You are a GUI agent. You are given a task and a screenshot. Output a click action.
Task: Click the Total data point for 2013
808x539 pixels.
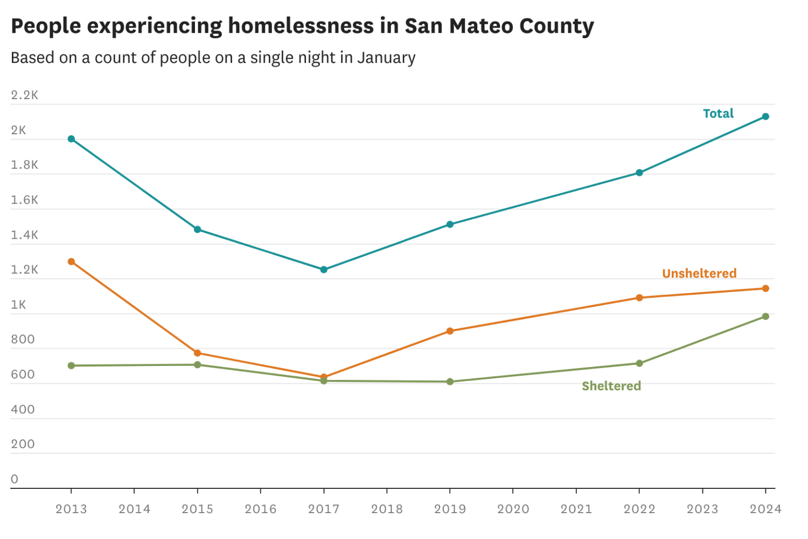pos(71,139)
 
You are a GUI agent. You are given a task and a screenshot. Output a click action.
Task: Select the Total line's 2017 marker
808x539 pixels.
pos(324,269)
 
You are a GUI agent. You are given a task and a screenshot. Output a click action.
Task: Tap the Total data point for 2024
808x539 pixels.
pos(765,116)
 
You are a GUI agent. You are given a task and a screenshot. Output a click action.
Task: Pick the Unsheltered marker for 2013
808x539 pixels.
pos(71,261)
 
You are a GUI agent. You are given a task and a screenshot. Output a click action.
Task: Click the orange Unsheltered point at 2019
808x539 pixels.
pos(450,331)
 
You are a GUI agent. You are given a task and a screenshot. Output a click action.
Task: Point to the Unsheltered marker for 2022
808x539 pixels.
pos(639,298)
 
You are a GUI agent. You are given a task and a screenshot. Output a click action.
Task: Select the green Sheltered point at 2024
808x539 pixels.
pos(765,316)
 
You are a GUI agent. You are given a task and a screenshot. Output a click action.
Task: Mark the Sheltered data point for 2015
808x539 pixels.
pos(197,365)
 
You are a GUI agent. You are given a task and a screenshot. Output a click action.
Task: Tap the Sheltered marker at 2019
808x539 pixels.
pos(450,382)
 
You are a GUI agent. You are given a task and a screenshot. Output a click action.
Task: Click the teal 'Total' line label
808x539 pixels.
pos(718,114)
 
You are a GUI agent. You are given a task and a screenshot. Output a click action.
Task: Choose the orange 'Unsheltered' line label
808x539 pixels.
pos(699,274)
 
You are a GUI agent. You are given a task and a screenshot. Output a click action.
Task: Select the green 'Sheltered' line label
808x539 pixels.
pos(611,386)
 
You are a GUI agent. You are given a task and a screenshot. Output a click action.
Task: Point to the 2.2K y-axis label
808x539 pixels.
pos(25,95)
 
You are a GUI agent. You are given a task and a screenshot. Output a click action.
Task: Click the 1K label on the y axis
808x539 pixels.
pos(18,305)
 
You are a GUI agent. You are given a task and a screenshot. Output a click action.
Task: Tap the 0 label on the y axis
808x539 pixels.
pos(15,479)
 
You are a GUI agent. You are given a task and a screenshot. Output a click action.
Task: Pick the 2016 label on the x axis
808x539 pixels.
pos(261,509)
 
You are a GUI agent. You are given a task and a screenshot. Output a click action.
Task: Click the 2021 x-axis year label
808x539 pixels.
pos(576,509)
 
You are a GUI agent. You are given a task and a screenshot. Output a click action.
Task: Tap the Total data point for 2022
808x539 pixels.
pos(639,173)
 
